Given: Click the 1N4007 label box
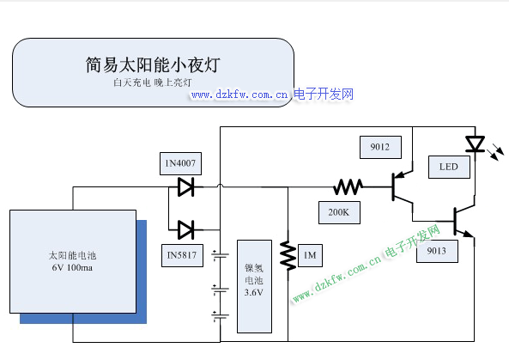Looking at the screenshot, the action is tap(180, 163).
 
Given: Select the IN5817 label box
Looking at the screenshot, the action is tap(182, 255).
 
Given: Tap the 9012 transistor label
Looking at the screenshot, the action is tap(380, 147).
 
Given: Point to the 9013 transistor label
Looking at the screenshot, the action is tap(437, 251).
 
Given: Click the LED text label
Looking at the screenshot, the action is tap(449, 167).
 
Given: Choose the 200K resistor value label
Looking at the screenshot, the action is tap(339, 212).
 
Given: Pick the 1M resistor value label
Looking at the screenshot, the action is tap(310, 255).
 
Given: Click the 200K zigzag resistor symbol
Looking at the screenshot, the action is tap(348, 187).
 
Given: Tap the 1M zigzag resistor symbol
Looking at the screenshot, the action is tap(288, 256).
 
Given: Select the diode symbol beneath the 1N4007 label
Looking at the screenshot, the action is tap(186, 186).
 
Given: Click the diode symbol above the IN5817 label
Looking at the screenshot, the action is tap(186, 229).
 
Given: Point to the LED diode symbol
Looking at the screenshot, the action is tap(476, 144).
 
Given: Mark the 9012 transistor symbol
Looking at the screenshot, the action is tap(402, 186).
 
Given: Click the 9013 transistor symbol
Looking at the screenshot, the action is tap(464, 221).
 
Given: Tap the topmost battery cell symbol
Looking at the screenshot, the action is tap(220, 255).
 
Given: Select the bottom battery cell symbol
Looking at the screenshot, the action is tap(220, 316).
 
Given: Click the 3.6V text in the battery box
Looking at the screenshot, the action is tap(254, 293).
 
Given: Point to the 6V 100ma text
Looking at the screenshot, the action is tap(72, 268).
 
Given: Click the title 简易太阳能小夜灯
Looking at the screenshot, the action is tap(153, 64).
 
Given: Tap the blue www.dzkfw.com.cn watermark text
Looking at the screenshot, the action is tap(239, 95).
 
